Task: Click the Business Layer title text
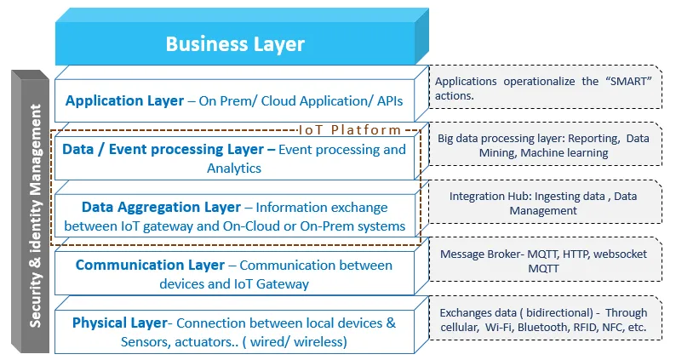click(x=235, y=44)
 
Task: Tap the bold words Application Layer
click(x=124, y=101)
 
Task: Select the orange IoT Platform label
click(x=350, y=129)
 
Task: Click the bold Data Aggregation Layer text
click(x=161, y=208)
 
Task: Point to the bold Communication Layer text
click(x=150, y=266)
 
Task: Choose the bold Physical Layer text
click(x=120, y=323)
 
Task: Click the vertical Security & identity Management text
click(x=36, y=215)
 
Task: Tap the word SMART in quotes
click(x=631, y=81)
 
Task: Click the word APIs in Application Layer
click(x=390, y=101)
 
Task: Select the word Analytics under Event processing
click(x=234, y=169)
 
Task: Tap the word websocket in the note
click(x=620, y=254)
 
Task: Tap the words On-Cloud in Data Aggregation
click(x=251, y=226)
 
